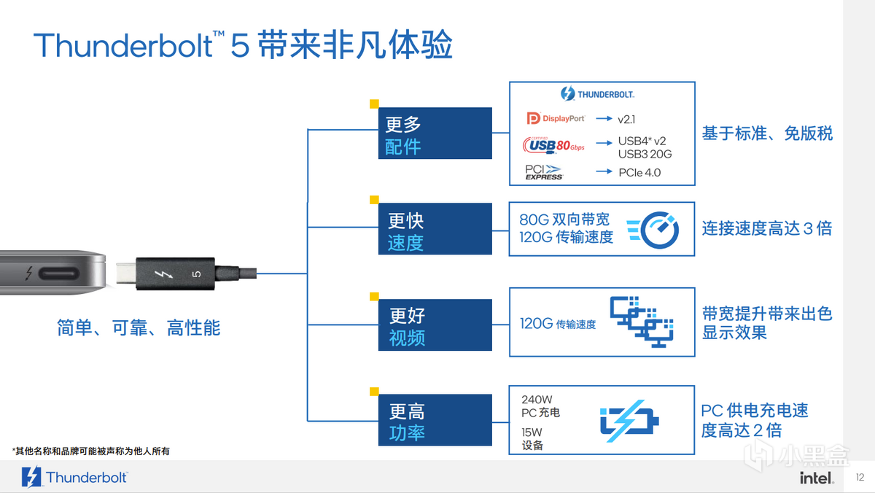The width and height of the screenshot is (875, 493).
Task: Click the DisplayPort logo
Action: [x=556, y=118]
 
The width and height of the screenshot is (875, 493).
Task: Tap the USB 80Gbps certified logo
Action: [x=553, y=145]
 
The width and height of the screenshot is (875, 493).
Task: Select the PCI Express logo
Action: [x=544, y=172]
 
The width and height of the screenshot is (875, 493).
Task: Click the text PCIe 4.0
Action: [x=639, y=173]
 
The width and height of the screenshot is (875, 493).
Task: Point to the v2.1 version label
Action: [x=626, y=119]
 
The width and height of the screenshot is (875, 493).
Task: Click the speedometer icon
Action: [x=653, y=230]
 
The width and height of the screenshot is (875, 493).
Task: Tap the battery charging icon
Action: [x=629, y=421]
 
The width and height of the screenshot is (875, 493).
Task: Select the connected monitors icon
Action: [x=642, y=322]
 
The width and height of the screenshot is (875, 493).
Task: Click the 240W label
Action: [x=537, y=399]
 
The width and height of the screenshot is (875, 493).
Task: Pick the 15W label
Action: [x=532, y=432]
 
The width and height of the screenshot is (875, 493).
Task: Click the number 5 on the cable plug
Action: [x=196, y=273]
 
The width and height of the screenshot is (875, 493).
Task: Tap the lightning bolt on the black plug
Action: [x=163, y=274]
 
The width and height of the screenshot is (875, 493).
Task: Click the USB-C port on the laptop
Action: [x=59, y=273]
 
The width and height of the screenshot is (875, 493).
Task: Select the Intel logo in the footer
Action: [x=817, y=478]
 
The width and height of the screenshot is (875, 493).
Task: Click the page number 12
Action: [x=860, y=477]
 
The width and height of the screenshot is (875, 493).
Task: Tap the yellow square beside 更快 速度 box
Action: [x=374, y=200]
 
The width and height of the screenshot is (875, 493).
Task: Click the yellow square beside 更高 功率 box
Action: [x=374, y=392]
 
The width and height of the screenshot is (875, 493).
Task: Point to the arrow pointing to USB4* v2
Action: [x=604, y=143]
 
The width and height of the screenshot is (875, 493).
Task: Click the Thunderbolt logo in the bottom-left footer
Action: [x=74, y=477]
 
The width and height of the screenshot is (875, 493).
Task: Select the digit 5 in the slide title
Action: [x=239, y=46]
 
